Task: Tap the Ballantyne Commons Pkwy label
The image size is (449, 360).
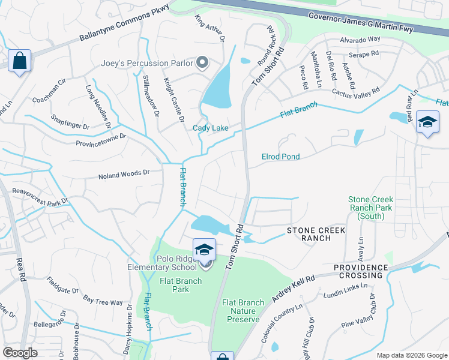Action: [x=124, y=25]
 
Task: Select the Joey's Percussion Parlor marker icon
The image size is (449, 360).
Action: [x=202, y=62]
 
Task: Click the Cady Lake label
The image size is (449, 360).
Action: [x=210, y=128]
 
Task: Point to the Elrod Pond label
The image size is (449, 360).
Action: [x=280, y=157]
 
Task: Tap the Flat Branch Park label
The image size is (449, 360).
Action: [x=166, y=285]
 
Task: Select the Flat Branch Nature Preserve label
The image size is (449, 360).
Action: [x=243, y=311]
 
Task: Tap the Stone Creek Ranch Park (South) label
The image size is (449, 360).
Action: [x=370, y=208]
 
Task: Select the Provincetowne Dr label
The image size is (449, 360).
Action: [x=101, y=140]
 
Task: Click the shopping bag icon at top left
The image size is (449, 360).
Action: [x=20, y=61]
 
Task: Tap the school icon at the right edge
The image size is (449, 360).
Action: [x=427, y=123]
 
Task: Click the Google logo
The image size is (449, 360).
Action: [x=20, y=352]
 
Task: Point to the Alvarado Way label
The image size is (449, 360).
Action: [x=360, y=40]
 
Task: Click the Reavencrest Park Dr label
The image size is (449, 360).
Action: [x=41, y=196]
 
